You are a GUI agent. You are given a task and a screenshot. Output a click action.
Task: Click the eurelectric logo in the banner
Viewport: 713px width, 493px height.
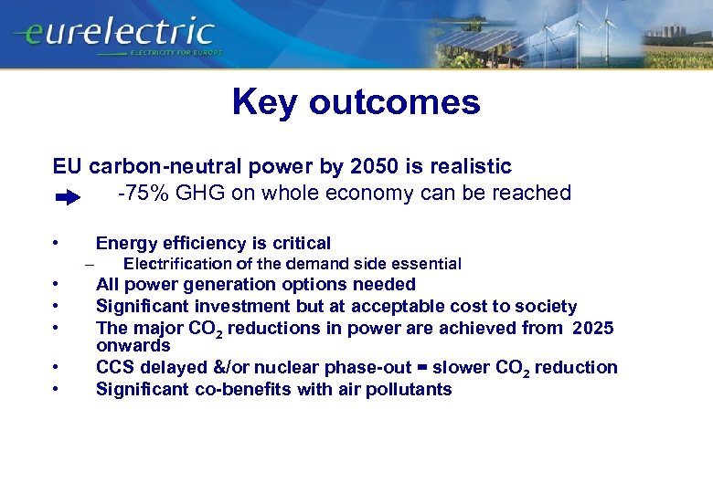coord(114,33)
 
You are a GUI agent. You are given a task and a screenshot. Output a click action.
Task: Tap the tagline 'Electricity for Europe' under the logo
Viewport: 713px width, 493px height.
coord(176,53)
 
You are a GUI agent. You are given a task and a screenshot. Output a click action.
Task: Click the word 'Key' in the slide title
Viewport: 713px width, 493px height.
coord(265,102)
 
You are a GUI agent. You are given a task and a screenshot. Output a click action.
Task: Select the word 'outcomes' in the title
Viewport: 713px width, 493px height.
coord(394,102)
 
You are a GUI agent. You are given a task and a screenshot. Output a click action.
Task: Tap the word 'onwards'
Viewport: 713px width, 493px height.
coord(133,346)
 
